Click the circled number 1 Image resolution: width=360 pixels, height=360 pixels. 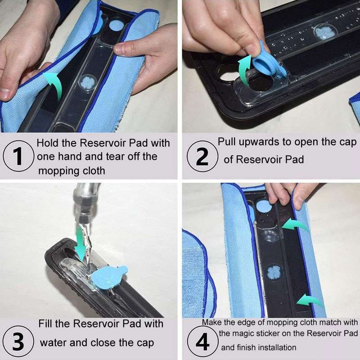tap(18, 156)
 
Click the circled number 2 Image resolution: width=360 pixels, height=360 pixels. tap(202, 156)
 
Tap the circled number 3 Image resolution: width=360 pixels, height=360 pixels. tap(18, 341)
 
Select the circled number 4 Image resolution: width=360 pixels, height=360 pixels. tap(202, 342)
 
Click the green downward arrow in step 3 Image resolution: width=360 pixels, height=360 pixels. tap(81, 243)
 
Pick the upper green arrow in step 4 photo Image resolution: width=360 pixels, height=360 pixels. tap(295, 225)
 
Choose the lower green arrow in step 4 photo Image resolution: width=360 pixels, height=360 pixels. tap(310, 300)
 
